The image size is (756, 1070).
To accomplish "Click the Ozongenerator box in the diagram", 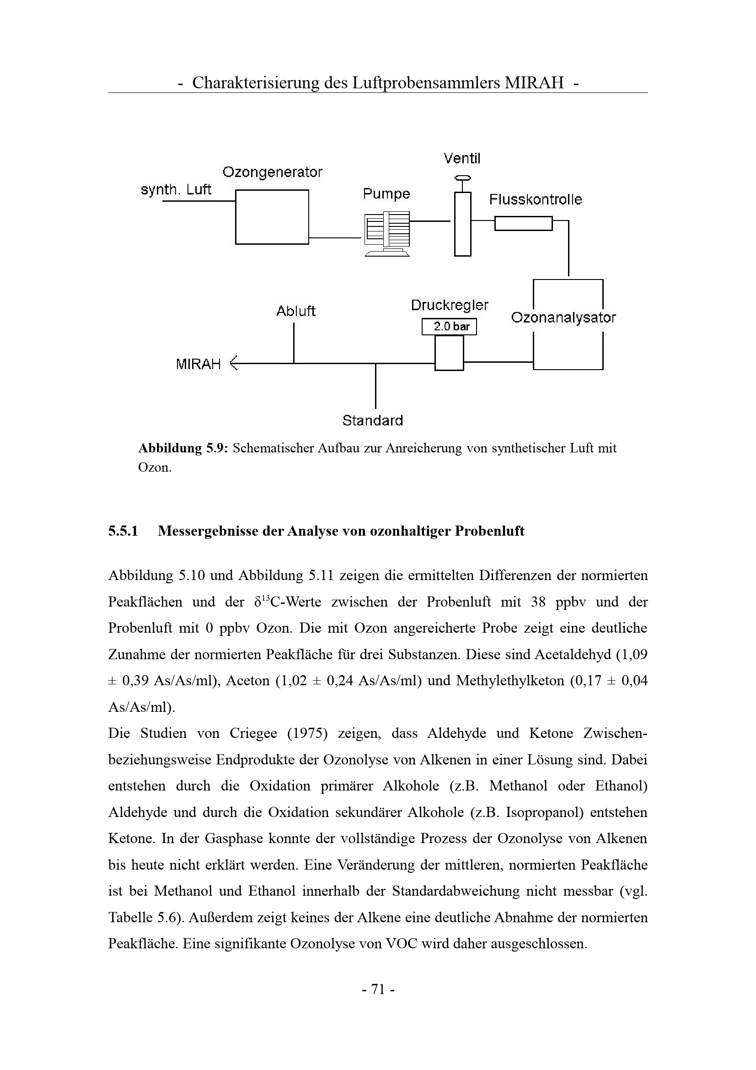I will pyautogui.click(x=272, y=217).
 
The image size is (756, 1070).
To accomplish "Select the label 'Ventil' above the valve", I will pyautogui.click(x=461, y=158).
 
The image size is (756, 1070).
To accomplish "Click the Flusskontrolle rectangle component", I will pyautogui.click(x=523, y=224).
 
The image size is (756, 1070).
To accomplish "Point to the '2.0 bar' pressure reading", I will pyautogui.click(x=450, y=327).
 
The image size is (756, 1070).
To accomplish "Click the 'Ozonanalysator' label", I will pyautogui.click(x=563, y=318).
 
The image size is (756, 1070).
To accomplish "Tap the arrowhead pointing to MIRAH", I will pyautogui.click(x=234, y=363).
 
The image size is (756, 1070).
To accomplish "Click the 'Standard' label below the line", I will pyautogui.click(x=372, y=421).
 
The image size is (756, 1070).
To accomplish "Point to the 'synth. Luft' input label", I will pyautogui.click(x=176, y=190).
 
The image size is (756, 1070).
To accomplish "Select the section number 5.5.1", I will pyautogui.click(x=123, y=531).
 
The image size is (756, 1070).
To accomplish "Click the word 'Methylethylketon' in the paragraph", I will pyautogui.click(x=510, y=681).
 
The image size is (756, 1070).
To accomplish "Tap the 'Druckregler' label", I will pyautogui.click(x=450, y=306).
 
